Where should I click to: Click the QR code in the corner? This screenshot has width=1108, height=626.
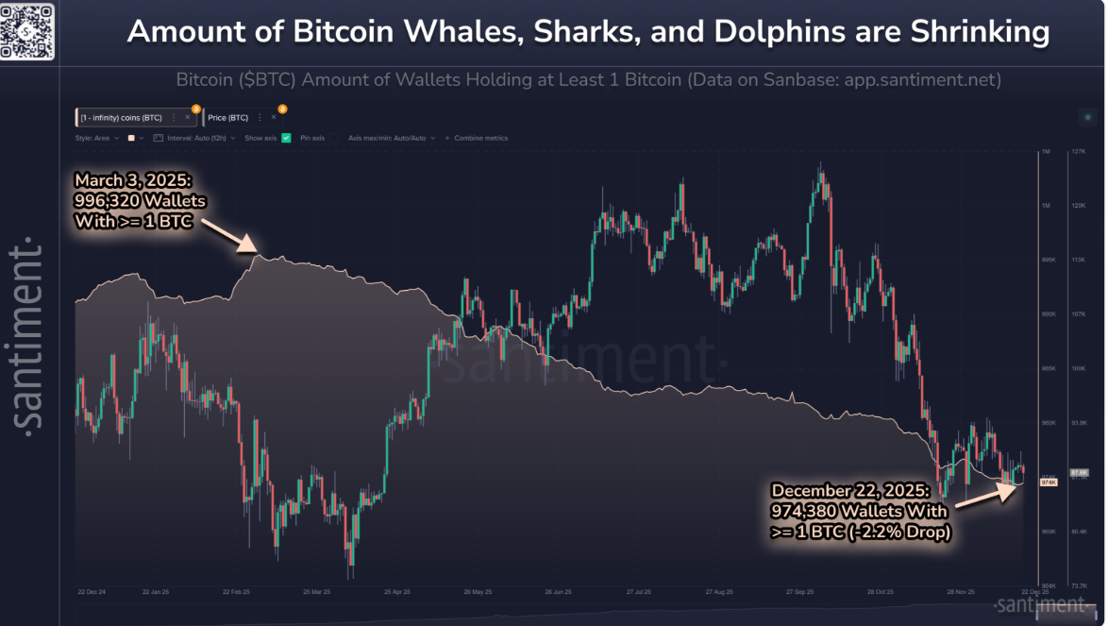click(26, 29)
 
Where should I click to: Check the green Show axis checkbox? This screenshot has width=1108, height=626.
click(286, 138)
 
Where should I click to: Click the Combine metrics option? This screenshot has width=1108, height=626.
click(480, 138)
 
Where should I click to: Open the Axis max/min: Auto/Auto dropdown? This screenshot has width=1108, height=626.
click(391, 138)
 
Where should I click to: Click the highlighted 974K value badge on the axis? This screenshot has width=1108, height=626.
click(1048, 482)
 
